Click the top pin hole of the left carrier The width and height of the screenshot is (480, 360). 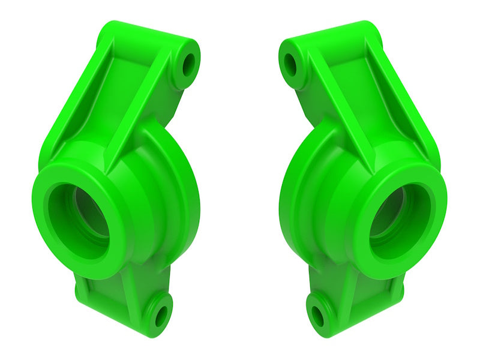click(x=189, y=64)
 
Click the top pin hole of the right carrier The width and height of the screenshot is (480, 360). click(x=290, y=64)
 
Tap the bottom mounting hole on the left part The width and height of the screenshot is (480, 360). click(x=161, y=315)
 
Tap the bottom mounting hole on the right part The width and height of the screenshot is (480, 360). click(x=317, y=315)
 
